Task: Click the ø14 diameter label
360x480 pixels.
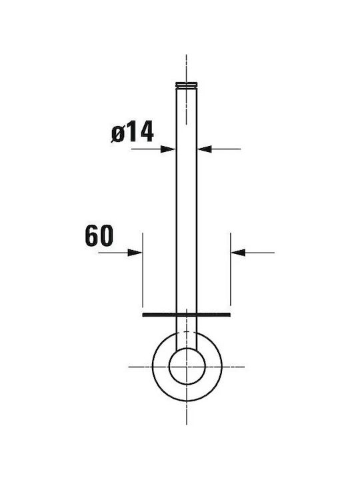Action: pyautogui.click(x=132, y=131)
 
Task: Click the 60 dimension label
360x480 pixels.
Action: pyautogui.click(x=99, y=236)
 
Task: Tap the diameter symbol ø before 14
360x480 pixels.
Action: pyautogui.click(x=118, y=134)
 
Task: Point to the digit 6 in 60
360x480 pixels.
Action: pyautogui.click(x=92, y=236)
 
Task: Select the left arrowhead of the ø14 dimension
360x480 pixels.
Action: pyautogui.click(x=168, y=149)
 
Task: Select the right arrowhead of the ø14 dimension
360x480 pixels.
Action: pyautogui.click(x=205, y=149)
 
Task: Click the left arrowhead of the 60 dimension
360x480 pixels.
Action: pyautogui.click(x=135, y=253)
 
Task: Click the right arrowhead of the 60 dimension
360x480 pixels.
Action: pyautogui.click(x=238, y=253)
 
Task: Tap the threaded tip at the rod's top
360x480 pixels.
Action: pyautogui.click(x=186, y=85)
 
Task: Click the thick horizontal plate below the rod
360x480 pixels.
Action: pyautogui.click(x=187, y=315)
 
